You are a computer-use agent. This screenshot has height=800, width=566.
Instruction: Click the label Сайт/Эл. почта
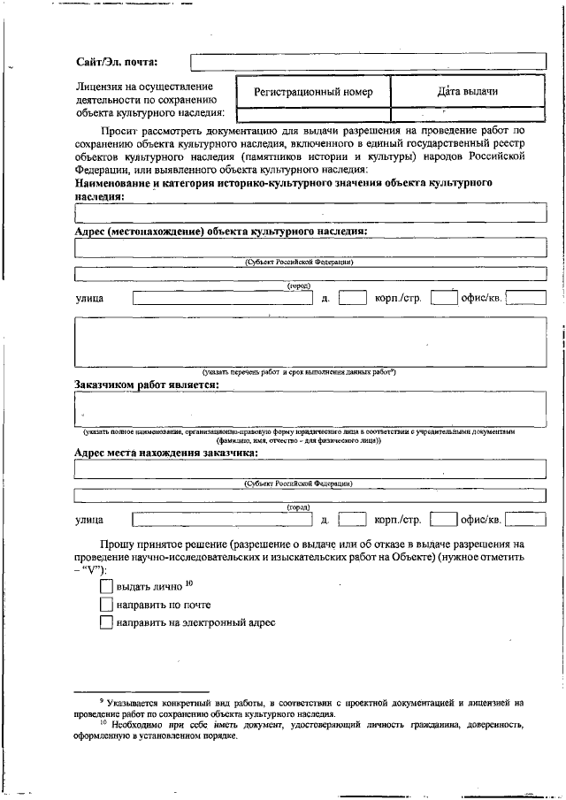pyautogui.click(x=117, y=62)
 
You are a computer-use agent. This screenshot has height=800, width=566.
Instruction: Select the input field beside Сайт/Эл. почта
pyautogui.click(x=362, y=62)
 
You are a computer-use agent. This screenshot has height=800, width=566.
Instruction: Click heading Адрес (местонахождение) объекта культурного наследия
pyautogui.click(x=221, y=231)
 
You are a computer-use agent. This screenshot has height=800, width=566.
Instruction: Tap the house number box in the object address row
pyautogui.click(x=352, y=298)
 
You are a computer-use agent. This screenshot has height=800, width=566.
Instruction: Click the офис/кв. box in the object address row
pyautogui.click(x=525, y=298)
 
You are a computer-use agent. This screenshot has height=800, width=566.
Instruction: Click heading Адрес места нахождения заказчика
pyautogui.click(x=166, y=453)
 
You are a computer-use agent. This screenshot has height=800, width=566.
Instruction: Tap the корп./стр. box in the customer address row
pyautogui.click(x=443, y=519)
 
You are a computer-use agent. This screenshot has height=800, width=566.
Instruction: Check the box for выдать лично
pyautogui.click(x=107, y=586)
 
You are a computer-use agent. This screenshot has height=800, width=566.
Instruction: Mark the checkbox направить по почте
pyautogui.click(x=107, y=605)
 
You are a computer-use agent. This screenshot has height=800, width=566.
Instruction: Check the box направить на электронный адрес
pyautogui.click(x=107, y=623)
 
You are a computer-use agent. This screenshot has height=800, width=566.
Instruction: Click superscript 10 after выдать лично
pyautogui.click(x=189, y=583)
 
